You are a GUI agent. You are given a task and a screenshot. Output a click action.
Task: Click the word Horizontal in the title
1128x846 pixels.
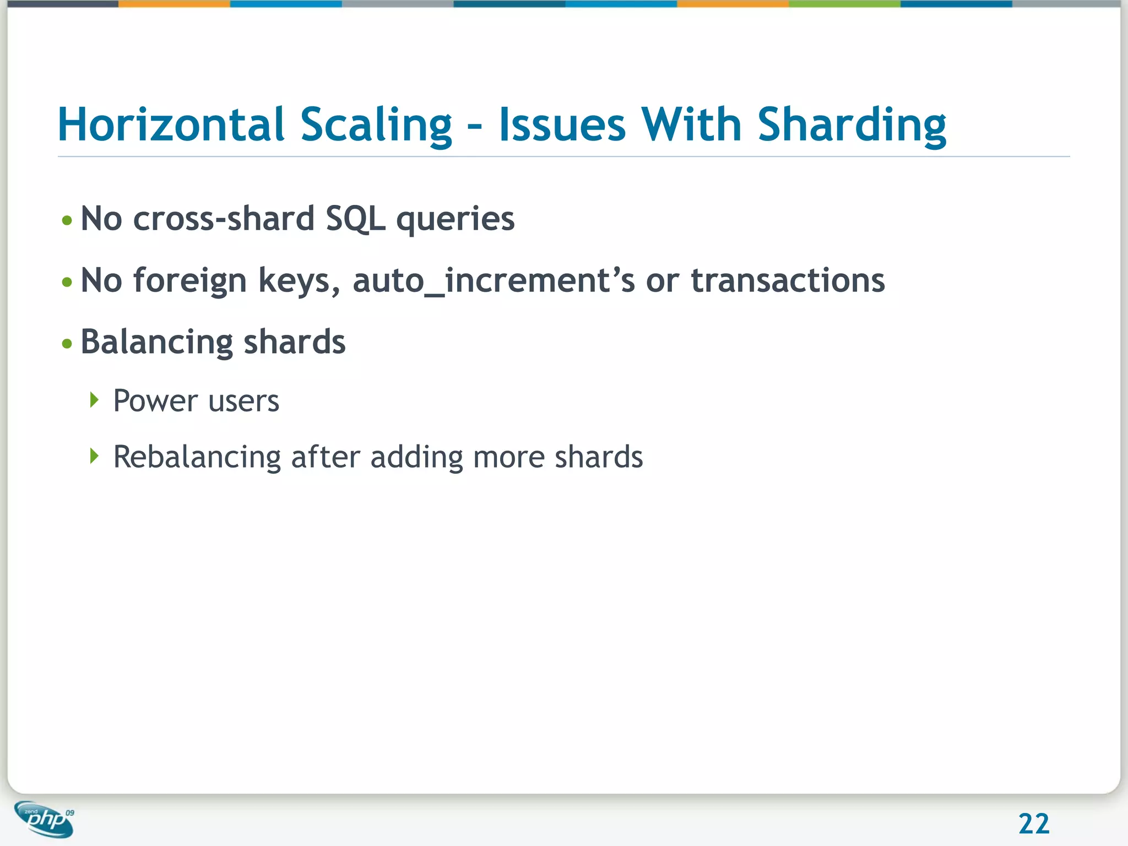(171, 124)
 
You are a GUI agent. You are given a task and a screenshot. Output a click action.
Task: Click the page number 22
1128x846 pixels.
(1034, 824)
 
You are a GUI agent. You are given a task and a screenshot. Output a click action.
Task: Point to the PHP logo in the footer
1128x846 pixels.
(44, 819)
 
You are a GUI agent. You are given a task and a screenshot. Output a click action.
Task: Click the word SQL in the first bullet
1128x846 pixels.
(355, 219)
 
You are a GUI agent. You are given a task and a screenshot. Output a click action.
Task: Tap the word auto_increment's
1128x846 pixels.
(493, 281)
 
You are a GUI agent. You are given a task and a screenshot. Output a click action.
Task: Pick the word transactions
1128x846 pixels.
(788, 280)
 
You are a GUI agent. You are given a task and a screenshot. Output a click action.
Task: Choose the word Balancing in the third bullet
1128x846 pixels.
(156, 343)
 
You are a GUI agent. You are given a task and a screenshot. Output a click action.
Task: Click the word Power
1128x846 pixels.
(155, 400)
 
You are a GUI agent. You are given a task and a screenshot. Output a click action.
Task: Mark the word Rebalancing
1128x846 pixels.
(197, 457)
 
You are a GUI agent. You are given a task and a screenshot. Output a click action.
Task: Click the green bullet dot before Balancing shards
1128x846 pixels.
(67, 344)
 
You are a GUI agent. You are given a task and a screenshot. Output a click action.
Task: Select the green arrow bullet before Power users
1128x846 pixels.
(94, 399)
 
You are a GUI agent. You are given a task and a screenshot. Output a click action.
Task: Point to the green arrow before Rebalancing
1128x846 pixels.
(94, 455)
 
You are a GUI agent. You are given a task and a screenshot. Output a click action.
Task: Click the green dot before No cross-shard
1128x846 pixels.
(67, 221)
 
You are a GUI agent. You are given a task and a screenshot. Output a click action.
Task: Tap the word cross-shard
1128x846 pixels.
(224, 219)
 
